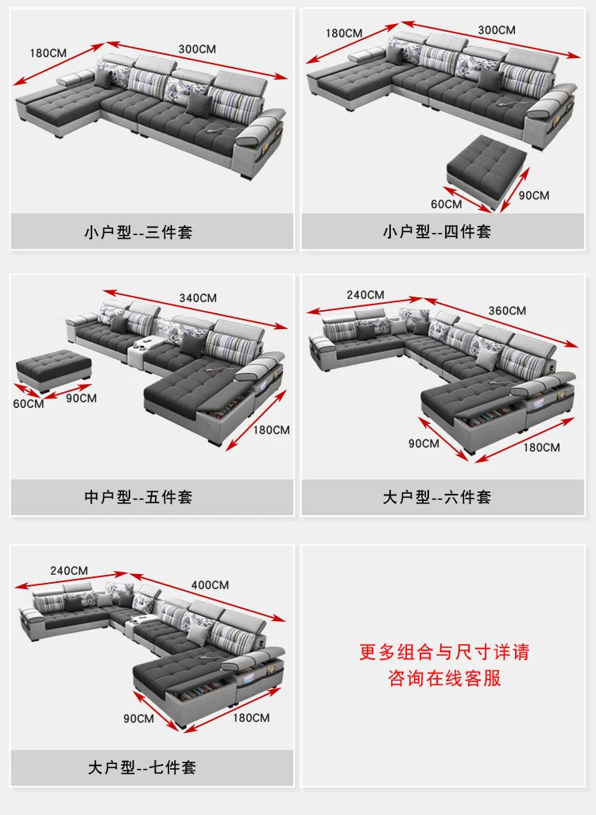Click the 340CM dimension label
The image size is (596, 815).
tap(198, 297)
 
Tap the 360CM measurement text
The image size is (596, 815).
tap(506, 310)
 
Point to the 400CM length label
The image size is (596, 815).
tap(210, 584)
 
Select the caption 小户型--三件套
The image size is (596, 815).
tap(138, 233)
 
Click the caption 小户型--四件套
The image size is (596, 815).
tap(436, 231)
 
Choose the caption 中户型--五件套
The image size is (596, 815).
tap(138, 497)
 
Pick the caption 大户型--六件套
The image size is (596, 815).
tap(436, 497)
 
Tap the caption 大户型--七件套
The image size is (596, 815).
tap(141, 767)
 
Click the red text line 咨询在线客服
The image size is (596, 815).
tap(443, 678)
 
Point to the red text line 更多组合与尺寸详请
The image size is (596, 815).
tap(443, 652)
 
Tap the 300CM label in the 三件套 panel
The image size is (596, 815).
tap(197, 49)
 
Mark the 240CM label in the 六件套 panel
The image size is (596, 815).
tap(366, 294)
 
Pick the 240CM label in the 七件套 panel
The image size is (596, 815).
tap(69, 570)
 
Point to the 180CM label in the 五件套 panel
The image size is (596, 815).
tap(272, 429)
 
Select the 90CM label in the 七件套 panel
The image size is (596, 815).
tap(138, 718)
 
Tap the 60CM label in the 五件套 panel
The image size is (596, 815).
tap(29, 403)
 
